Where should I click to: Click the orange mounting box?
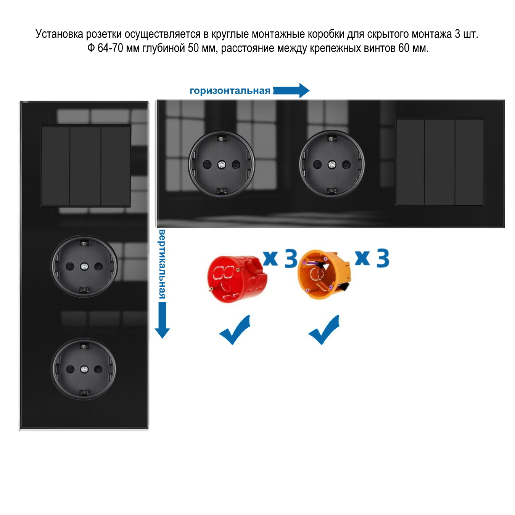[x=323, y=274]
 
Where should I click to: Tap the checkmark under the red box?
[x=235, y=330]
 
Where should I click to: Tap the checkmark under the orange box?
[x=324, y=330]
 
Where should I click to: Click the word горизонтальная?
[x=230, y=91]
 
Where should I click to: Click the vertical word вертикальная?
[x=162, y=264]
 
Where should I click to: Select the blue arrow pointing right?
[x=291, y=90]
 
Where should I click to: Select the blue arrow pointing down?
[x=162, y=320]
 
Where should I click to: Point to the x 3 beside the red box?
[x=280, y=259]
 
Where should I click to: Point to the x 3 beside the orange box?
[x=372, y=258]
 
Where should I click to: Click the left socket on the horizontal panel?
[x=222, y=164]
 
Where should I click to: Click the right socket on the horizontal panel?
[x=332, y=164]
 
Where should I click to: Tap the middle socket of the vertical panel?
[x=84, y=266]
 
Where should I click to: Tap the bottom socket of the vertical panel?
[x=84, y=369]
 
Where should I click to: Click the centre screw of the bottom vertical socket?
[x=84, y=369]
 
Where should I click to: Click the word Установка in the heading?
[x=59, y=34]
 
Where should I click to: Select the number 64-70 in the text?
[x=111, y=48]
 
